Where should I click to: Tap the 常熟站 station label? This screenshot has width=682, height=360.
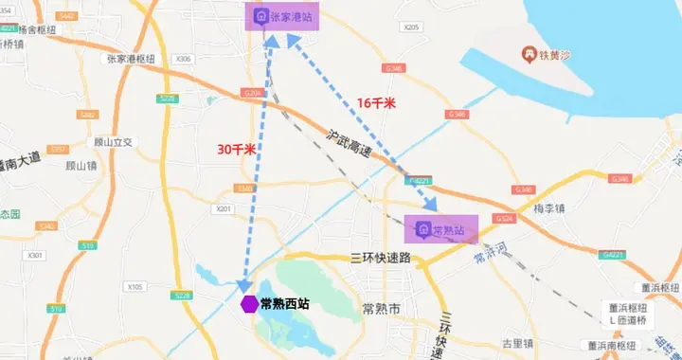[449, 230]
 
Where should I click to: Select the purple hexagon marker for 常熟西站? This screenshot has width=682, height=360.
[249, 304]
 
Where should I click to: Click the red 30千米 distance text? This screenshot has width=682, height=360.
[237, 149]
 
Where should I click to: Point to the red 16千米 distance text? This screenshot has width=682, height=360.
[375, 102]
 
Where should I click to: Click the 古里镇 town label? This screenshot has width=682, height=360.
[521, 343]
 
